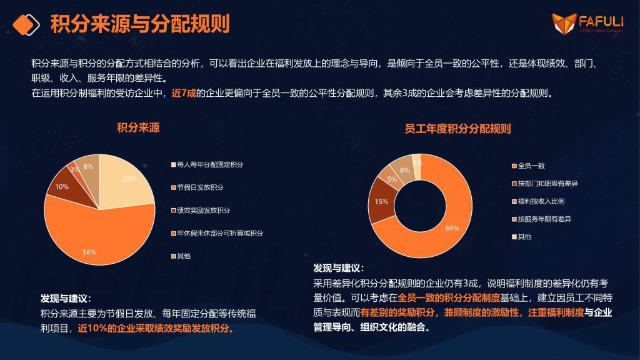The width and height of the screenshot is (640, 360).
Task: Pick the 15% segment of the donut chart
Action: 381,201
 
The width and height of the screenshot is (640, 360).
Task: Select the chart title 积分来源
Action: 138,127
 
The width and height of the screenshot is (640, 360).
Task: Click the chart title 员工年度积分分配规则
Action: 457,129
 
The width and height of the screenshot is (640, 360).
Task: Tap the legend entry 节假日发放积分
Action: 197,187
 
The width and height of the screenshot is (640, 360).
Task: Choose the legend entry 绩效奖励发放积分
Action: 201,210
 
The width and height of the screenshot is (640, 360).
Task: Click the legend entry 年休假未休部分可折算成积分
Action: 217,233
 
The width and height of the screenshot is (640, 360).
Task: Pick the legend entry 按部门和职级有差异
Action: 545,184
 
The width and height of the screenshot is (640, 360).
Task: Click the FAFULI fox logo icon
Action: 564,23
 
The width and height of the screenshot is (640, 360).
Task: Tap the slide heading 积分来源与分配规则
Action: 140,24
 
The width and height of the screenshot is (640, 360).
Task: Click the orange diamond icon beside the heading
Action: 26,24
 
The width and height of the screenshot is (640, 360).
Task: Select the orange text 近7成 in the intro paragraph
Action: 184,93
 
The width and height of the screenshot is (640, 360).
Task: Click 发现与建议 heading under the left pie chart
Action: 66,298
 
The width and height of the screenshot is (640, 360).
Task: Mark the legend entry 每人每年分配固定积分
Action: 207,164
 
